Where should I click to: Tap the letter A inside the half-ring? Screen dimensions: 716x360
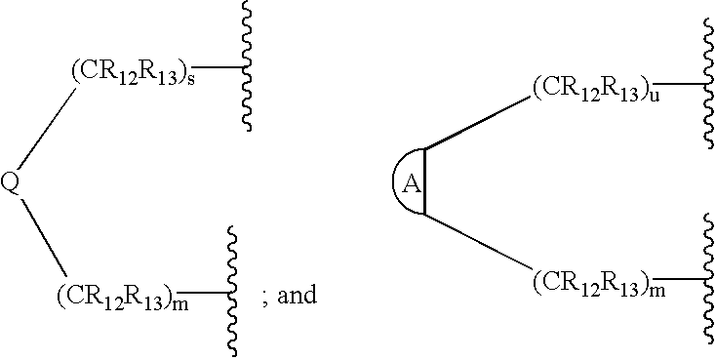pyautogui.click(x=412, y=182)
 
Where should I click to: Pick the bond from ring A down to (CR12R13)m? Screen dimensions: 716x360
pyautogui.click(x=478, y=243)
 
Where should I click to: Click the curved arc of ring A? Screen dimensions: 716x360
pyautogui.click(x=396, y=181)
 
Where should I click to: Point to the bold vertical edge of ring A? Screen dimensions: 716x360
pyautogui.click(x=424, y=181)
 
